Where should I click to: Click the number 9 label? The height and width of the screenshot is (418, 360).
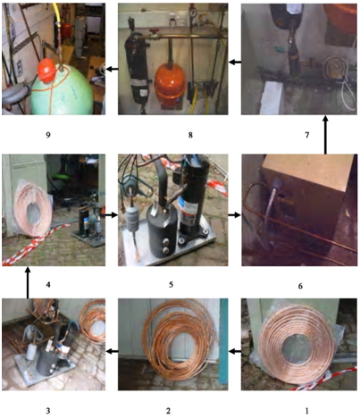pos(48,135)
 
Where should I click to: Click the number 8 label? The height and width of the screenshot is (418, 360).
pos(190,135)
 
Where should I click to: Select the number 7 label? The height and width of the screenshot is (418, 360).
pos(307,135)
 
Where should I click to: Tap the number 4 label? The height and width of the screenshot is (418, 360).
pos(48,285)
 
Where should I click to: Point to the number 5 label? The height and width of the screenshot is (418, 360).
pos(171,285)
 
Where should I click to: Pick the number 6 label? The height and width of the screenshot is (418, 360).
pos(300,286)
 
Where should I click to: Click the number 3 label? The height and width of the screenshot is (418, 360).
pos(48,411)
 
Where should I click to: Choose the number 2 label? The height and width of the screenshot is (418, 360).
pos(169,411)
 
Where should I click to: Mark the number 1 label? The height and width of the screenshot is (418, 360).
pos(307,411)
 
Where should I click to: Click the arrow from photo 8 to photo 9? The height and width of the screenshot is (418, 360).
pos(112,69)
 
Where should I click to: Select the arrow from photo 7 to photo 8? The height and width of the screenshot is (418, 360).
pos(235,63)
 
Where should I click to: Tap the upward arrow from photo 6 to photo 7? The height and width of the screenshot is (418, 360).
pos(325,135)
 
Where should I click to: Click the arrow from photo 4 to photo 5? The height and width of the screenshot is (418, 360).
pos(112,214)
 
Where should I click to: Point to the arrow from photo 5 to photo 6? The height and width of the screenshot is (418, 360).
pos(235,214)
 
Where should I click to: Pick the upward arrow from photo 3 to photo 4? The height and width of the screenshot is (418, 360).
pos(28,282)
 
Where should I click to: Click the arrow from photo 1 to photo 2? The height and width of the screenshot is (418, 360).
pos(235,352)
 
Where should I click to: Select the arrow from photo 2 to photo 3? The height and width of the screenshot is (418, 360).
pos(112,352)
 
